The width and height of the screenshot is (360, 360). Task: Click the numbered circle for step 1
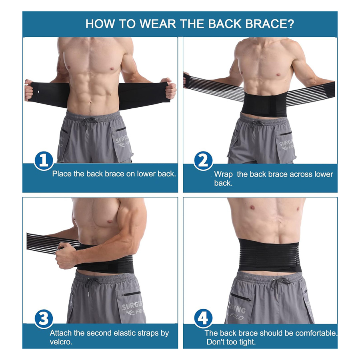pos(44,161)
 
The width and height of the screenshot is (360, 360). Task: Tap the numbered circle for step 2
pos(203,161)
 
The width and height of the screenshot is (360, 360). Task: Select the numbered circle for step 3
pos(44,319)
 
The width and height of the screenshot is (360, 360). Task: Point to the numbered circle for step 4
pos(203,319)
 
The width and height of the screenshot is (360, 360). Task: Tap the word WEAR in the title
pos(158,24)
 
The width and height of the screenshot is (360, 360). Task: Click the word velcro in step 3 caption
pos(61,342)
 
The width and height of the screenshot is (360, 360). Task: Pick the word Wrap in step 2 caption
pos(223,174)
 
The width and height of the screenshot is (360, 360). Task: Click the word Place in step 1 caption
pos(62,174)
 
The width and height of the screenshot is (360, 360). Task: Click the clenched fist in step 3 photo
pos(66,256)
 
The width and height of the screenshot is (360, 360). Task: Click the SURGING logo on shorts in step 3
pos(133,308)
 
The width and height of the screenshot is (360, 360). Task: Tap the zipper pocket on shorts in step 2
pos(285,133)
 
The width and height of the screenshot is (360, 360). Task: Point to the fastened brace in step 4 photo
pos(269,255)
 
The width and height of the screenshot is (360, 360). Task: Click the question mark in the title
pos(290,24)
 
